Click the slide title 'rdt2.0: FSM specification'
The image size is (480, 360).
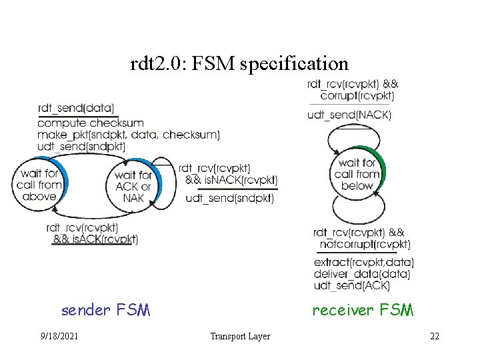(x=240, y=64)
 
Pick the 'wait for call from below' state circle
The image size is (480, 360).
(x=357, y=174)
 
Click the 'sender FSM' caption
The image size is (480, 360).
(x=105, y=310)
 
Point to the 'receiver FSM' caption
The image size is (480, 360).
(x=363, y=310)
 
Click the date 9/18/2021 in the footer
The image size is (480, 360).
(x=59, y=336)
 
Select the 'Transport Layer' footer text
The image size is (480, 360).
(x=240, y=336)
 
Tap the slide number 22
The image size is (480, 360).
(x=435, y=336)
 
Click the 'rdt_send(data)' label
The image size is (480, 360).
(x=76, y=108)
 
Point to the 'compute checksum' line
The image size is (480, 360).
(x=91, y=123)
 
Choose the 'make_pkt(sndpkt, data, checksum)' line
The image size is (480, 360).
(x=129, y=135)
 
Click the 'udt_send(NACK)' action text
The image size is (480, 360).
(x=349, y=115)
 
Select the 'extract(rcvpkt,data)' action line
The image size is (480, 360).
(x=363, y=262)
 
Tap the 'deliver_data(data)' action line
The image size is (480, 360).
(x=361, y=274)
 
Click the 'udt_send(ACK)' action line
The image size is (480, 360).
(x=351, y=286)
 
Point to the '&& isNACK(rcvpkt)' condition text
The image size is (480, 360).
(x=231, y=180)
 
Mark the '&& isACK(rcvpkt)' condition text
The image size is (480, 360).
(x=95, y=239)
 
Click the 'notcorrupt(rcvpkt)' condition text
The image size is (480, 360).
(x=364, y=245)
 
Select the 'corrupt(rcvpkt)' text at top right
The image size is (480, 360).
(x=357, y=96)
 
